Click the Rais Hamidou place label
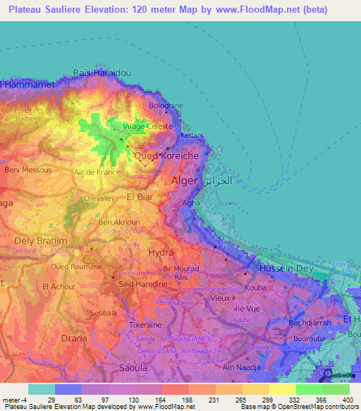tap(103, 73)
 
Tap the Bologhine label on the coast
tap(166, 105)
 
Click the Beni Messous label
tap(28, 170)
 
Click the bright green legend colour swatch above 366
tap(309, 389)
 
